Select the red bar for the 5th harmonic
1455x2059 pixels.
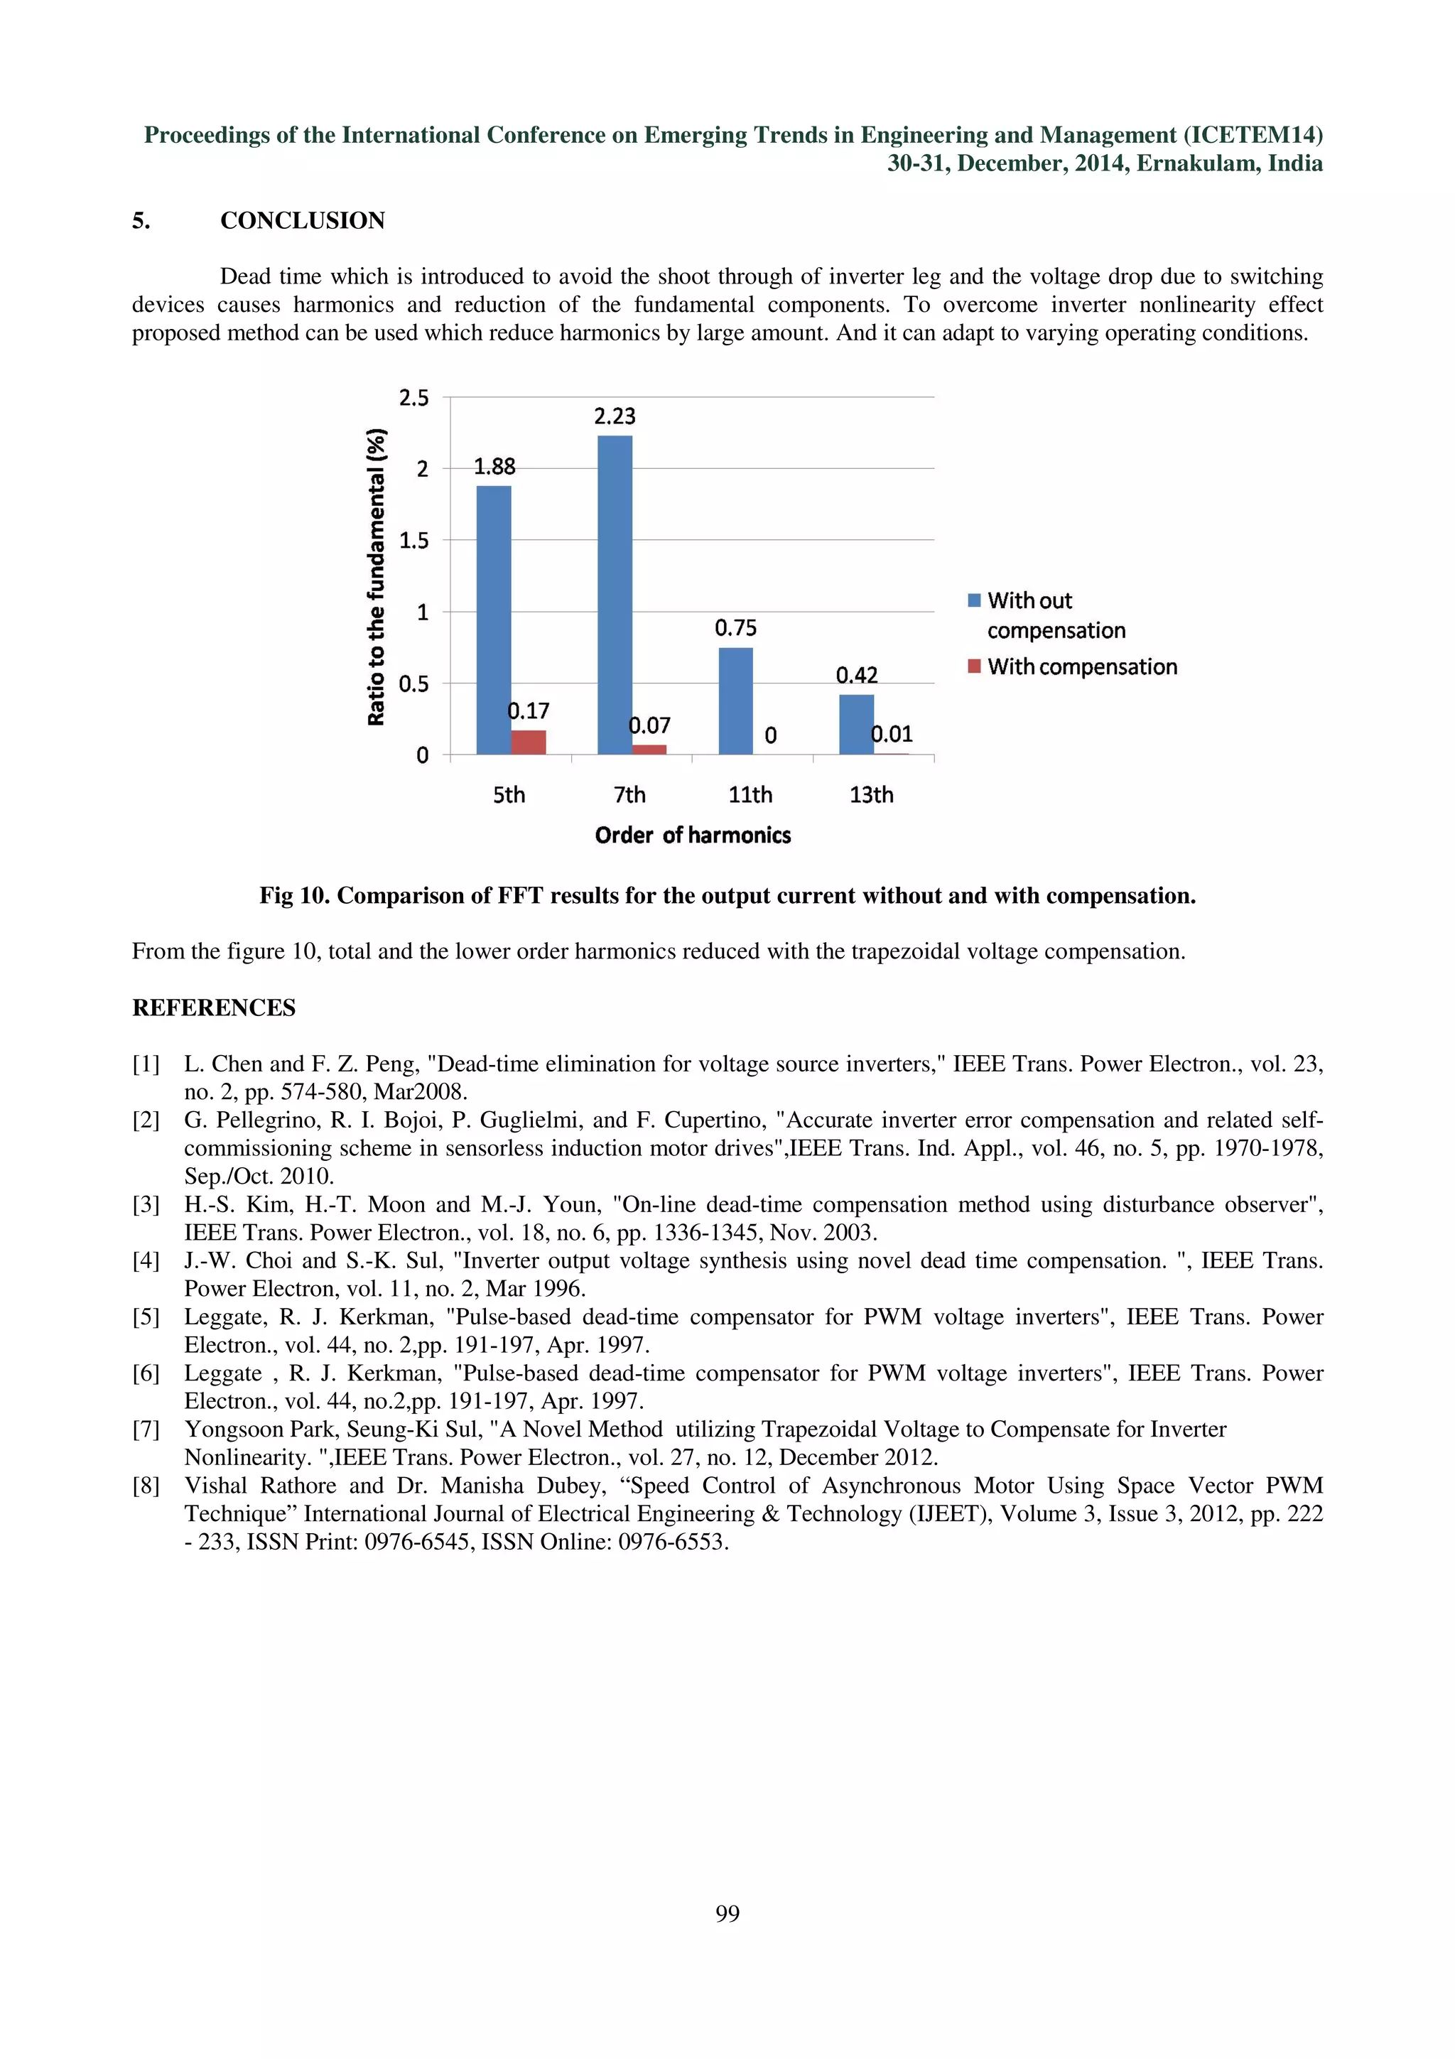pyautogui.click(x=528, y=742)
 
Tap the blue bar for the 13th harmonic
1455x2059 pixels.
pyautogui.click(x=856, y=725)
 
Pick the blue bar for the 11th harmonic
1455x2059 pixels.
pyautogui.click(x=735, y=701)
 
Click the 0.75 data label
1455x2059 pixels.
pyautogui.click(x=735, y=628)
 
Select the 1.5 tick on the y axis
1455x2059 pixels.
pyautogui.click(x=413, y=541)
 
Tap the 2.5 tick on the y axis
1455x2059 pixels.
pyautogui.click(x=413, y=398)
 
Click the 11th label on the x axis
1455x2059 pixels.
pyautogui.click(x=750, y=794)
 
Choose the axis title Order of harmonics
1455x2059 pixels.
pyautogui.click(x=692, y=836)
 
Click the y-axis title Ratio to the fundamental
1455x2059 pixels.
pyautogui.click(x=377, y=577)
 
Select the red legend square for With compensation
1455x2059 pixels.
pyautogui.click(x=975, y=666)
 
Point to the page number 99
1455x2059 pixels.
pyautogui.click(x=727, y=1914)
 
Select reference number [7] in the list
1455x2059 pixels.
pyautogui.click(x=146, y=1430)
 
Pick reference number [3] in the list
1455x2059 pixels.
pyautogui.click(x=146, y=1204)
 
